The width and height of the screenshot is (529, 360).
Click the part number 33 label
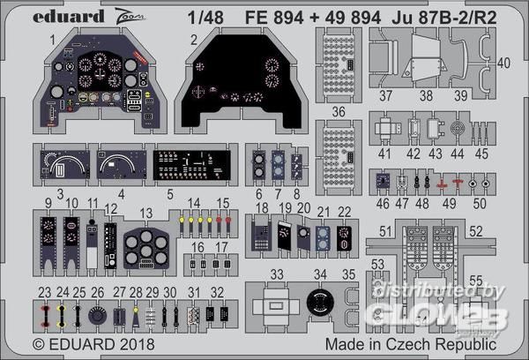pos(277,274)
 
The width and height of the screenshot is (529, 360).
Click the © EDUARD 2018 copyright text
pos(82,342)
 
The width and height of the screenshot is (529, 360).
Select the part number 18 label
pos(262,207)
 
